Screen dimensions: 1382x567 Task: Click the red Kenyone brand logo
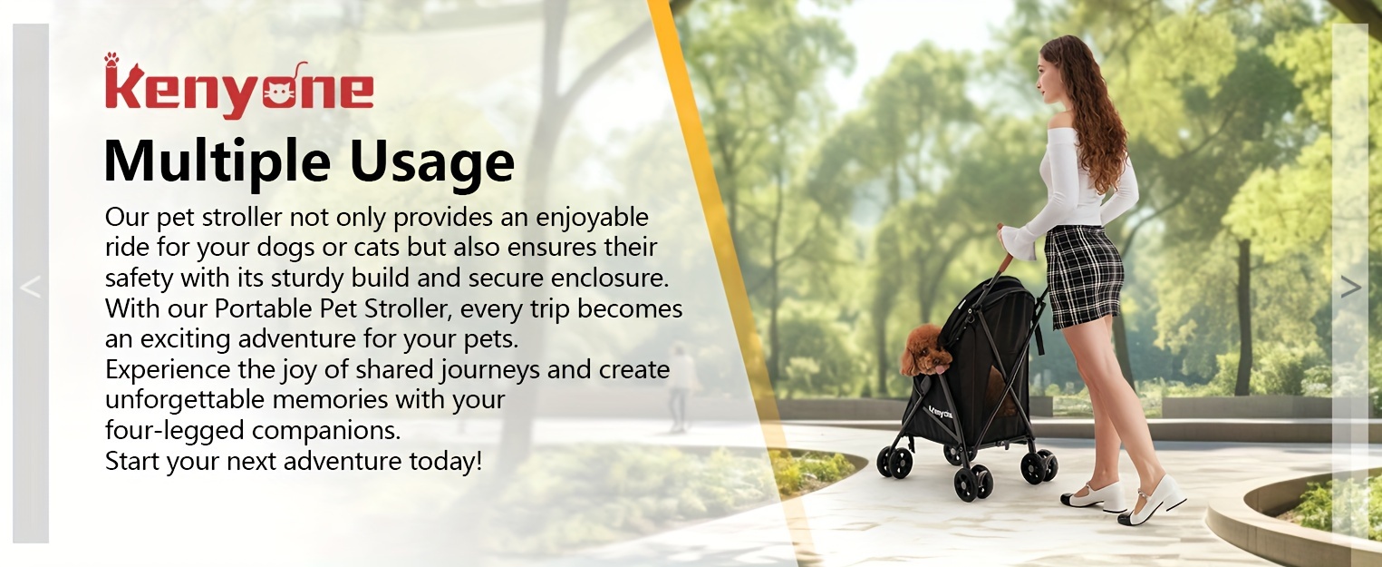pyautogui.click(x=238, y=87)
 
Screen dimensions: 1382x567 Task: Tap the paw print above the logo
pyautogui.click(x=111, y=59)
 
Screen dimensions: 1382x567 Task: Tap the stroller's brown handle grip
pyautogui.click(x=1006, y=256)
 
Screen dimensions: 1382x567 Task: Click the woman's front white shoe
pyautogui.click(x=1095, y=496)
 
